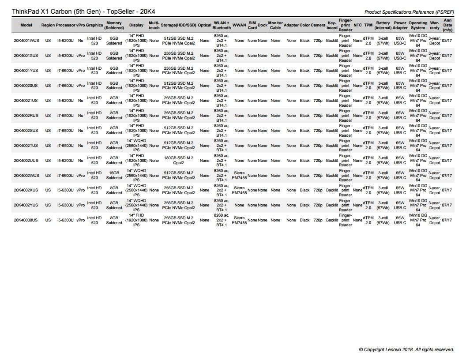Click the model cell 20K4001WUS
[x=26, y=41]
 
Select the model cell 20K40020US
[x=26, y=86]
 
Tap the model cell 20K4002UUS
[x=26, y=161]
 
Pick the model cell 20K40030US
[x=26, y=220]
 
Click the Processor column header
[x=65, y=25]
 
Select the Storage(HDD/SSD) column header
[x=178, y=25]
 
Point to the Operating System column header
[x=418, y=25]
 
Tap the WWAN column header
[x=239, y=25]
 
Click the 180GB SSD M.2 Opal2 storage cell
[x=178, y=161]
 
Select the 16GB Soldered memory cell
[x=114, y=176]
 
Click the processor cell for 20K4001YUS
[x=65, y=71]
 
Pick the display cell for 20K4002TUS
[x=136, y=146]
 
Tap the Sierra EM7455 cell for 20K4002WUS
[x=239, y=176]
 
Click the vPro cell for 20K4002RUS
[x=80, y=116]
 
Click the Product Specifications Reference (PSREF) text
[x=410, y=12]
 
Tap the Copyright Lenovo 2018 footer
[x=406, y=349]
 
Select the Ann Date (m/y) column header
[x=447, y=25]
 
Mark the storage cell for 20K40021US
[x=178, y=101]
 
